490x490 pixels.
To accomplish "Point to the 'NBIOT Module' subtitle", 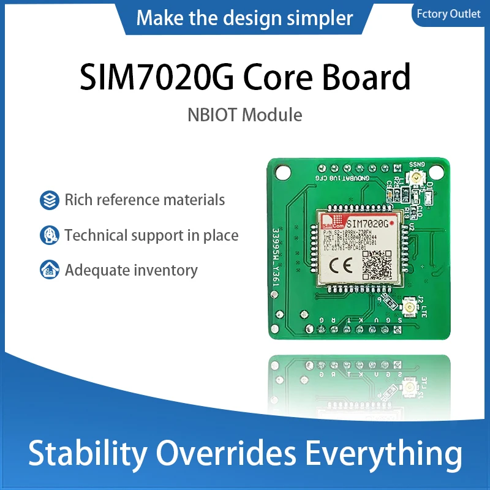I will (245, 115).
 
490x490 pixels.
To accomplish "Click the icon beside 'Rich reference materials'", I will (49, 200).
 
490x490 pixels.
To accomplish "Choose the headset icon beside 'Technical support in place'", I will (49, 235).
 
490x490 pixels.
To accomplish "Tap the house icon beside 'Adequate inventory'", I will (49, 269).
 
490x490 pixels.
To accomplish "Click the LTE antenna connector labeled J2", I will (410, 304).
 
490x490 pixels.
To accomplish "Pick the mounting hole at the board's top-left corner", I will (285, 172).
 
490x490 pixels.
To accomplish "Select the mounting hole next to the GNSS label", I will (436, 172).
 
